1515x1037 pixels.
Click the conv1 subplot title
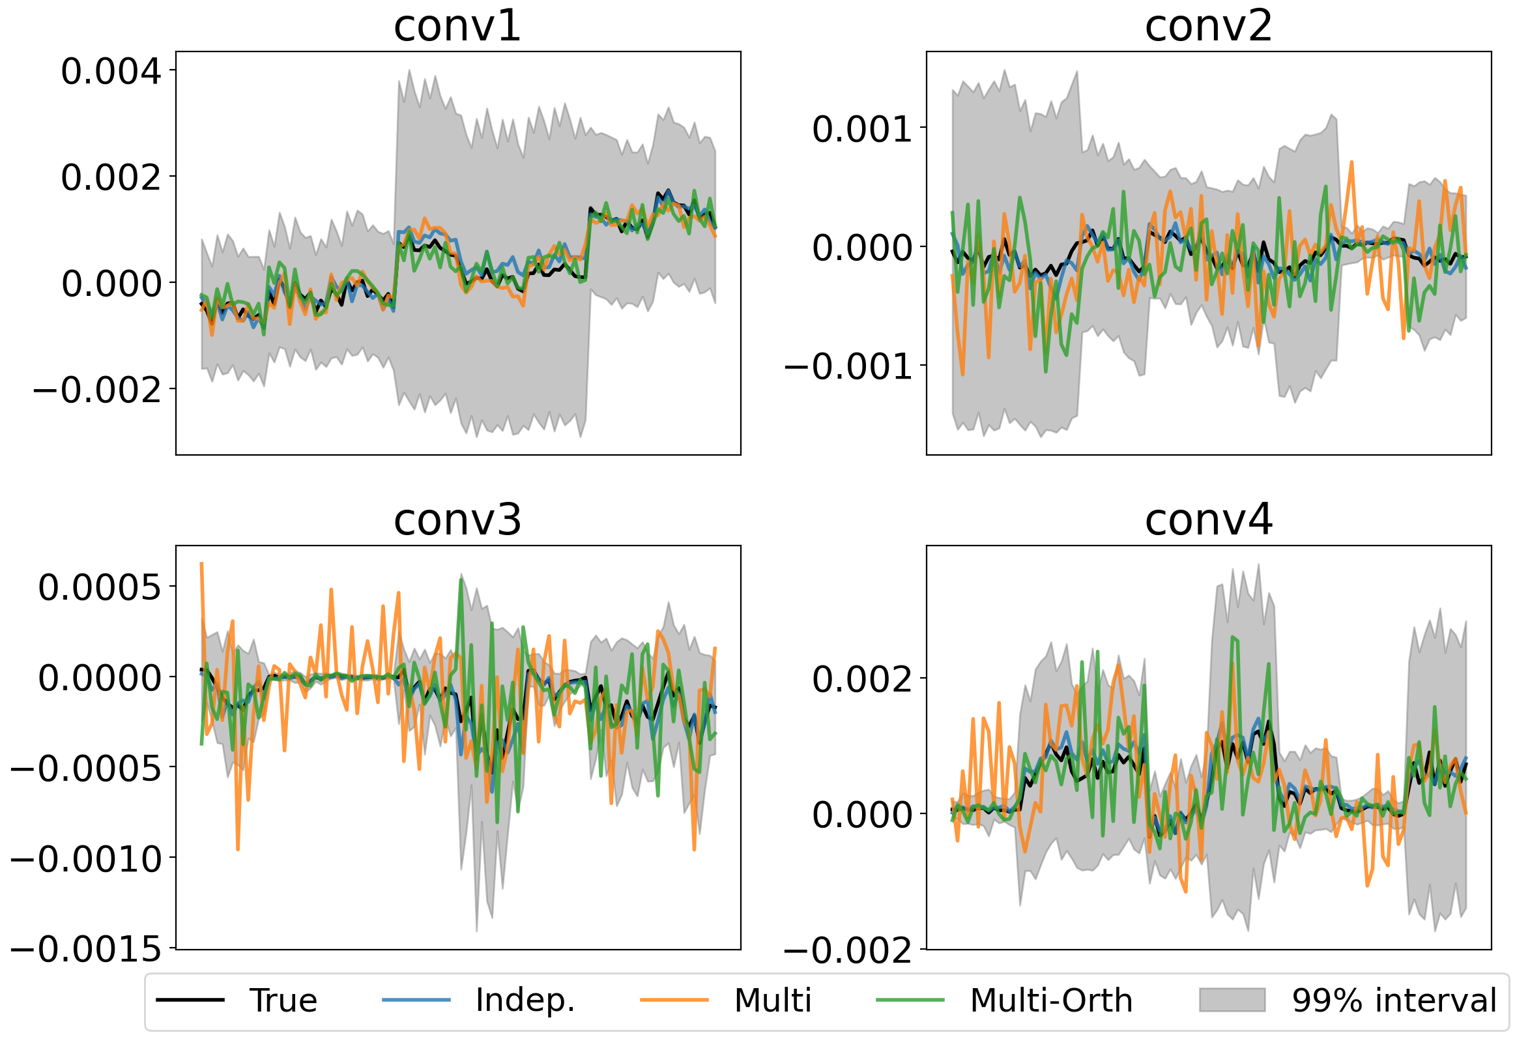click(457, 27)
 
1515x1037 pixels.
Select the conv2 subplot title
click(1208, 27)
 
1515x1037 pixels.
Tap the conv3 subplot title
click(457, 521)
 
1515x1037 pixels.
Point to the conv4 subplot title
click(1208, 521)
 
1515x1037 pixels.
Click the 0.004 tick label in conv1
click(111, 71)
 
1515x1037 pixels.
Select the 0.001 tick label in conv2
click(862, 129)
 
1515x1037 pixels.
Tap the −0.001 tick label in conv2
click(848, 366)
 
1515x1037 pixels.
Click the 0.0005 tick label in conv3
click(99, 588)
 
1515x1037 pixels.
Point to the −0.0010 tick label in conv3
click(85, 859)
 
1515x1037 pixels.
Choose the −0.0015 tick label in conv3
click(85, 949)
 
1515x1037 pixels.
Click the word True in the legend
click(283, 1000)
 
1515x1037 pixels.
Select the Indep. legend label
click(525, 1000)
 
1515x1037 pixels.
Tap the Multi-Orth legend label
click(1051, 1000)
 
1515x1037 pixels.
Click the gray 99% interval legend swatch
click(1232, 1000)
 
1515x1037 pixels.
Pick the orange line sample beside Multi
click(673, 1000)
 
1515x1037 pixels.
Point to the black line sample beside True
click(190, 1000)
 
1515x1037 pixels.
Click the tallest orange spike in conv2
click(1351, 162)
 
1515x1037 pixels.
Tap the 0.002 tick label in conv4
click(862, 680)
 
